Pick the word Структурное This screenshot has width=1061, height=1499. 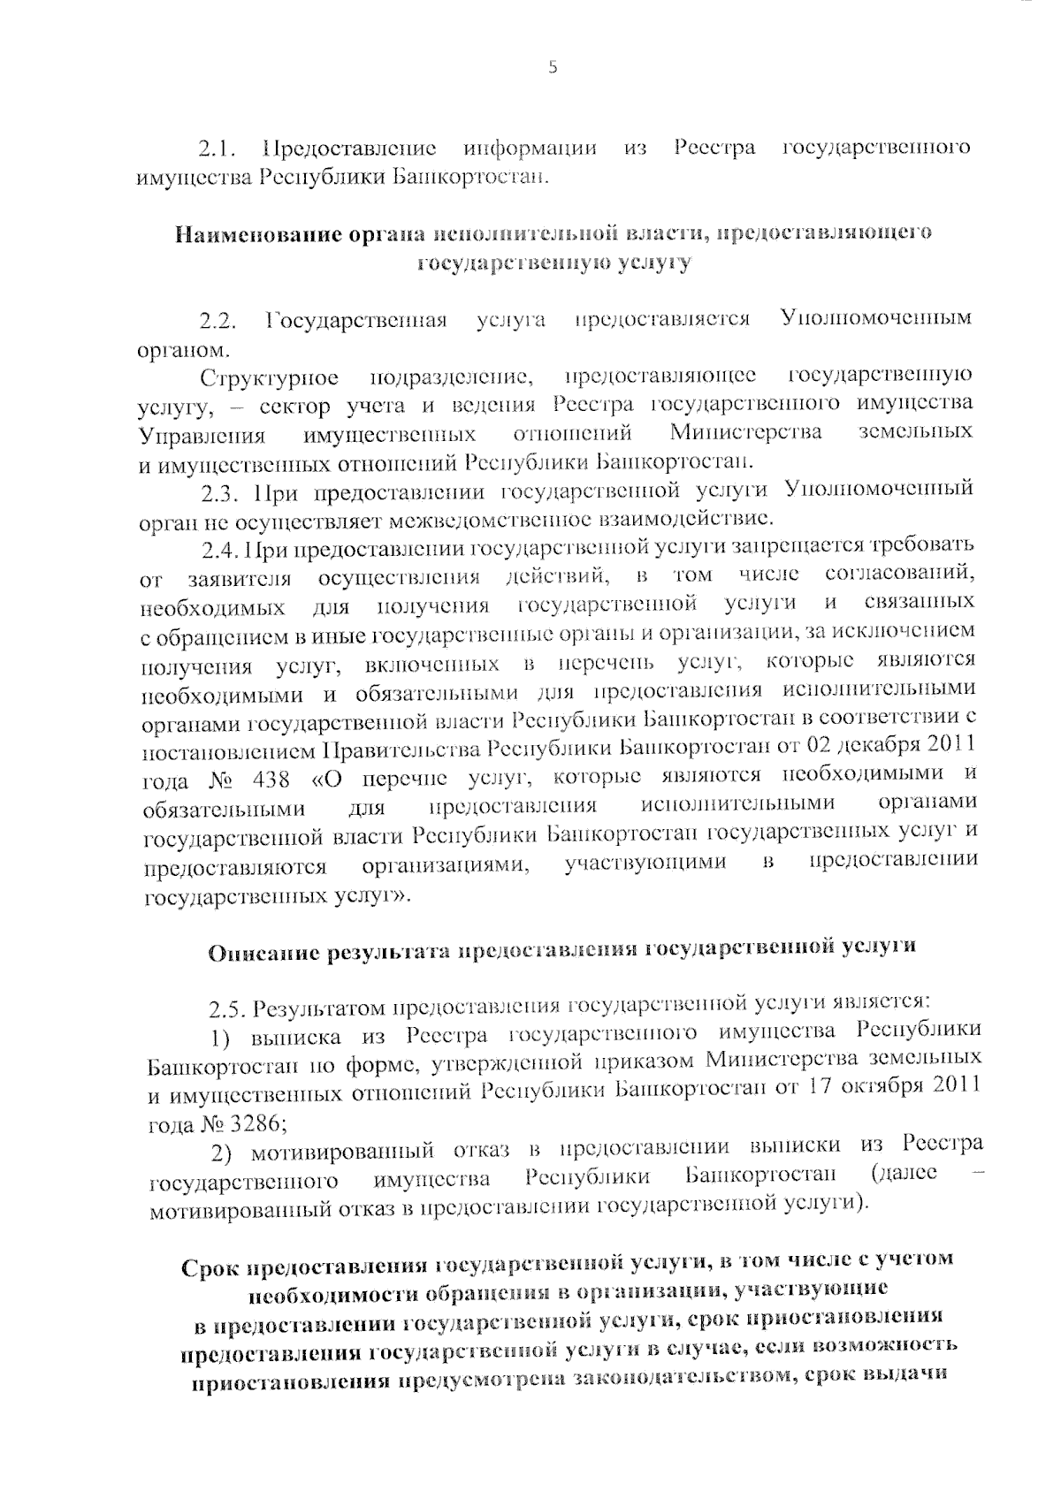269,379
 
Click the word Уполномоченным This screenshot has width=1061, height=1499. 876,317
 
